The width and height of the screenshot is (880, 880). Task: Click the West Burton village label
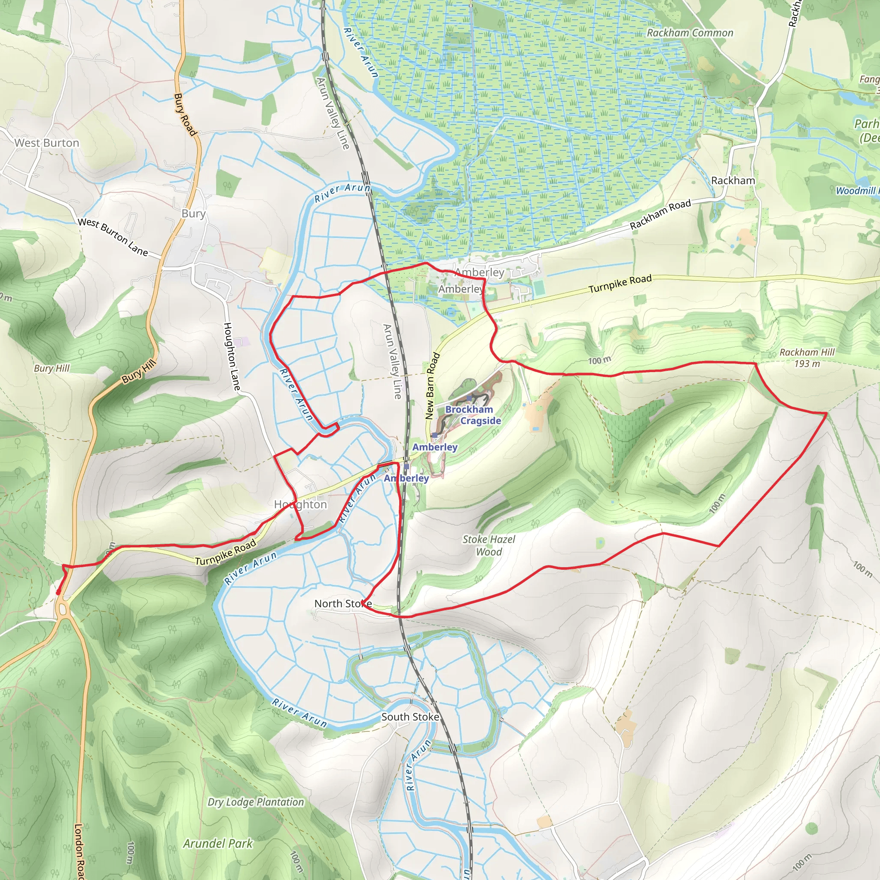coord(46,143)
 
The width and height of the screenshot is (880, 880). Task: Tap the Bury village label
coord(194,214)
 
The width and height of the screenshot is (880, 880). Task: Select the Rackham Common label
coord(690,33)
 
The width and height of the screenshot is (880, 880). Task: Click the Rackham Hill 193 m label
coord(807,357)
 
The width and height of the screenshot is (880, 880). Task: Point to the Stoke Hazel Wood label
coord(489,545)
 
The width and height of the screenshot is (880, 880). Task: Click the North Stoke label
coord(342,604)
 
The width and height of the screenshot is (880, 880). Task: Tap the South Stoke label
coord(410,716)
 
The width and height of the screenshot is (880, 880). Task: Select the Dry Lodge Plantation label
coord(256,802)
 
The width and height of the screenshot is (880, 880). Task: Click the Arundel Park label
coord(218,843)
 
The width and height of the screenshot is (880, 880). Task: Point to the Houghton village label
coord(300,504)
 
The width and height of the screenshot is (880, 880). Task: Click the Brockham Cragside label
coord(473,415)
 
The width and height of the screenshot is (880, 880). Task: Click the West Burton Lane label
coord(113,237)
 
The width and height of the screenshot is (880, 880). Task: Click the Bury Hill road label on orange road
coord(139,371)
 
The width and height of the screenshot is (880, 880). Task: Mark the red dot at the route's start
coord(58,592)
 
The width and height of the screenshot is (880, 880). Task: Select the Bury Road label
coord(184,114)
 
